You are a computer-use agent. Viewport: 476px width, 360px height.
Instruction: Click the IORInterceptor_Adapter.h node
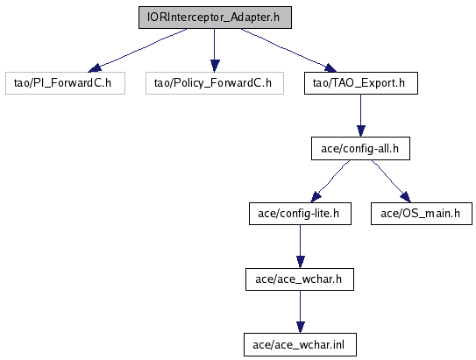click(215, 18)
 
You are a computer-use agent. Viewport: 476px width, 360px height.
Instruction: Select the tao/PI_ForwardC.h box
click(65, 83)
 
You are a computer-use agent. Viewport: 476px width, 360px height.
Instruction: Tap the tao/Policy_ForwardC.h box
click(215, 83)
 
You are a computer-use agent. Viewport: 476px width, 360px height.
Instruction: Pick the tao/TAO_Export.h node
click(361, 83)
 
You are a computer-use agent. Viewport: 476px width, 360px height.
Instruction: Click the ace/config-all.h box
click(360, 149)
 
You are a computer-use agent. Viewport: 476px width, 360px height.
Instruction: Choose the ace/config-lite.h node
click(300, 214)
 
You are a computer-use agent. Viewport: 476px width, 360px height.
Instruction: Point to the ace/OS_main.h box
click(422, 214)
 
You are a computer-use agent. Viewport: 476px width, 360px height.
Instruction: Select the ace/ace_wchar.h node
click(300, 279)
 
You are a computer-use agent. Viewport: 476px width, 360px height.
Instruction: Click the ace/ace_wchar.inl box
click(300, 345)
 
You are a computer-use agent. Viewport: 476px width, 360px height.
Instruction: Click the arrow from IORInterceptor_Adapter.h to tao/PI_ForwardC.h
click(139, 50)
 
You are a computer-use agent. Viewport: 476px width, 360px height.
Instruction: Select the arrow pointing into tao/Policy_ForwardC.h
click(215, 50)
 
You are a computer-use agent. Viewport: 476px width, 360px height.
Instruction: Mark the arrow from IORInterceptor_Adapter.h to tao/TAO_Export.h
click(288, 50)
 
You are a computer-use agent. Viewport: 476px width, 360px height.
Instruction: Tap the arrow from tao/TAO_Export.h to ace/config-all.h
click(361, 116)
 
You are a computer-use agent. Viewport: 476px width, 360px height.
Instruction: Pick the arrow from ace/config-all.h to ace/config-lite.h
click(330, 181)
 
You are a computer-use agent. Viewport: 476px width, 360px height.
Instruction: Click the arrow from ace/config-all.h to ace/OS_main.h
click(391, 181)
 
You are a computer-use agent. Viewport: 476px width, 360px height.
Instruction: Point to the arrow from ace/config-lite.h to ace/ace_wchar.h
click(300, 247)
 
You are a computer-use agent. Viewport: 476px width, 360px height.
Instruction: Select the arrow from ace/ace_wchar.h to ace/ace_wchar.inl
click(300, 312)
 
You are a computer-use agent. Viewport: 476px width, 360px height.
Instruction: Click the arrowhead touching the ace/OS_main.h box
click(406, 197)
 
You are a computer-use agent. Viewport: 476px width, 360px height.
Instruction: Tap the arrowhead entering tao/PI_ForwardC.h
click(95, 68)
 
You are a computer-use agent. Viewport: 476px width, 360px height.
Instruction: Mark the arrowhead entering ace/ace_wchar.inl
click(300, 328)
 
